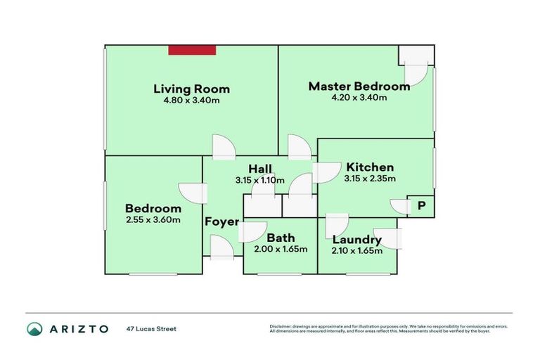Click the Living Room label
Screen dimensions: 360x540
(191, 89)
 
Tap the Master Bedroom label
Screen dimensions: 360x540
(359, 86)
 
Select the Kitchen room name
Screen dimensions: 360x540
(369, 167)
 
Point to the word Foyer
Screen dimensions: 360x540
(219, 221)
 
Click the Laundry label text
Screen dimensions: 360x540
(356, 240)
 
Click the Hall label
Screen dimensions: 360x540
(260, 169)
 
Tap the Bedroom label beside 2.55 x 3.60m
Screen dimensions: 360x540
(153, 208)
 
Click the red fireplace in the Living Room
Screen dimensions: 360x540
(191, 49)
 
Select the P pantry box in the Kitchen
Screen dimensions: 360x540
(422, 206)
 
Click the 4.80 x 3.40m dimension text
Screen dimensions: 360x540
(191, 100)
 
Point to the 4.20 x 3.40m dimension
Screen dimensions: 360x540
(359, 98)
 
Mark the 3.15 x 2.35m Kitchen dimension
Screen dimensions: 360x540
(369, 179)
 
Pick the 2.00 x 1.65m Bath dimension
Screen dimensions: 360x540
(280, 250)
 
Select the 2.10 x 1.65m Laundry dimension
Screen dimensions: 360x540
(356, 250)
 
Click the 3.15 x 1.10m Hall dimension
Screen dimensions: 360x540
(260, 180)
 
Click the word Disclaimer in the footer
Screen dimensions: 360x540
(279, 326)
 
